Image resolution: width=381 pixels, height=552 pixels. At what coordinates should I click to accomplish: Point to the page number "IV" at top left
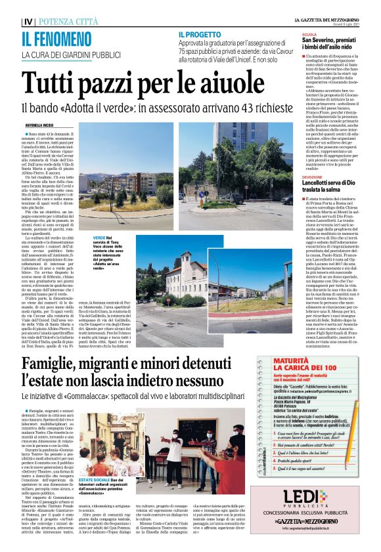[x=25, y=22]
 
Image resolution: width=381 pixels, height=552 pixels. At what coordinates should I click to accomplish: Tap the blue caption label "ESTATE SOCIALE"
[x=97, y=480]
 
